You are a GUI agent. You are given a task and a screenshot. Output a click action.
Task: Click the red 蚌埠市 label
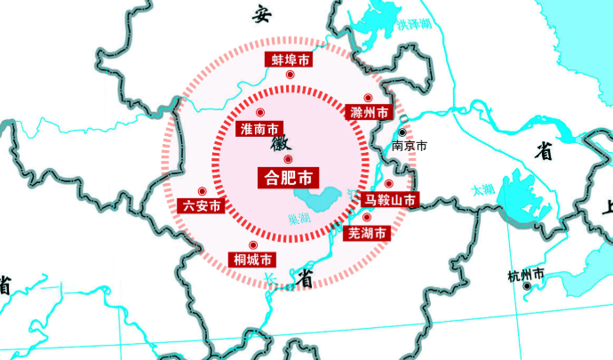[290, 60]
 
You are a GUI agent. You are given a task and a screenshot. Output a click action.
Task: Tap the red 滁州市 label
[370, 113]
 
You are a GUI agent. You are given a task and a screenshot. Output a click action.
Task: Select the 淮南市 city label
[260, 129]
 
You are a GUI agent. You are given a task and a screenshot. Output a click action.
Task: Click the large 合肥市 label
[288, 176]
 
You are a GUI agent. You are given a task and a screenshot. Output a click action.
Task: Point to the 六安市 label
[202, 205]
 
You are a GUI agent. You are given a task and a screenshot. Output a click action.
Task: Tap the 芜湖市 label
[367, 233]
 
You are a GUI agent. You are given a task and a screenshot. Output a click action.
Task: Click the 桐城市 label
[252, 260]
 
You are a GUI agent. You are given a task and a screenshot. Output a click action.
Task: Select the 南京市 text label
[410, 145]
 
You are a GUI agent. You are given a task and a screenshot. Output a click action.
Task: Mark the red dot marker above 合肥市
[288, 159]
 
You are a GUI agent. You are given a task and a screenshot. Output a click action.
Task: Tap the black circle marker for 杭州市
[527, 287]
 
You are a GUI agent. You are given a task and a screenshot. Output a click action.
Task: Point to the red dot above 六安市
[202, 190]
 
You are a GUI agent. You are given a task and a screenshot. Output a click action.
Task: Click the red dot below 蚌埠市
[290, 76]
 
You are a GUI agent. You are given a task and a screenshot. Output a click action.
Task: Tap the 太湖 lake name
[483, 189]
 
